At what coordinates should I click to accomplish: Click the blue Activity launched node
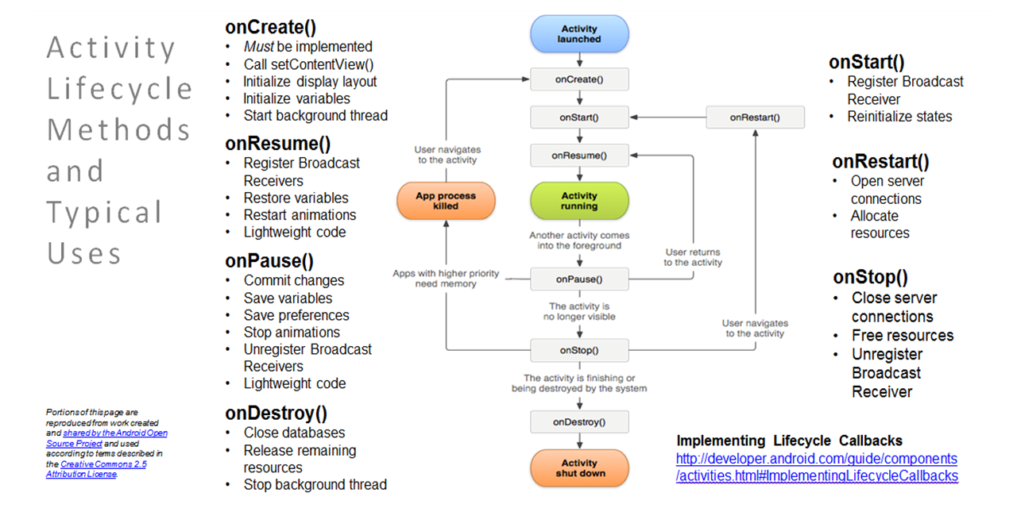click(579, 34)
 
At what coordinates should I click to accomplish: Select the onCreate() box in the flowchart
click(579, 79)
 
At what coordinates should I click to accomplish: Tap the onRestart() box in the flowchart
click(755, 117)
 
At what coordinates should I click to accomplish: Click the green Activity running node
click(579, 201)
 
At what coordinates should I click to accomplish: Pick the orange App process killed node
click(446, 201)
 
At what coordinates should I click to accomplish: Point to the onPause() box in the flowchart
click(579, 279)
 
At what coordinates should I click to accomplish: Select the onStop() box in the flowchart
click(579, 350)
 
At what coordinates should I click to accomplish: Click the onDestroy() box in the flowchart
click(579, 421)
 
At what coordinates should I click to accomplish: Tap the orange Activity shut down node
click(579, 468)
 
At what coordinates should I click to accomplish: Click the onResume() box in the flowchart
click(579, 156)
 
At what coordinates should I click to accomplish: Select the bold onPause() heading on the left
click(269, 261)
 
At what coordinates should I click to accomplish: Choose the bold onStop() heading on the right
click(870, 277)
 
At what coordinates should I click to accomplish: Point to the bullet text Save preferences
click(296, 315)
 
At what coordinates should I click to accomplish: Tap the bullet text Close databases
click(294, 433)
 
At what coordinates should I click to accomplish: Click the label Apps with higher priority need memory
click(446, 279)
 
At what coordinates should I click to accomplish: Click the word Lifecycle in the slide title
click(119, 89)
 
